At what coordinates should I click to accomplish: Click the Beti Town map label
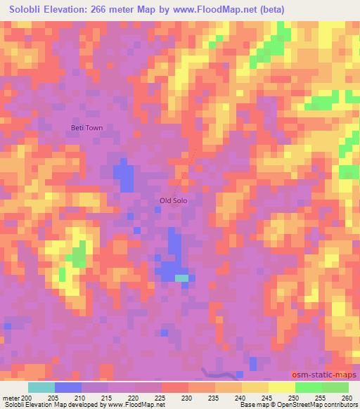click(86, 128)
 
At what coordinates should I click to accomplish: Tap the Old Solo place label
click(174, 200)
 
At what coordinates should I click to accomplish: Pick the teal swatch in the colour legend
click(41, 387)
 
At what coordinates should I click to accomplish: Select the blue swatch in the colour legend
click(67, 387)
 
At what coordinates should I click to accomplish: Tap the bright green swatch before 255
click(308, 387)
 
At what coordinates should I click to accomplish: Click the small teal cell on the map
click(181, 278)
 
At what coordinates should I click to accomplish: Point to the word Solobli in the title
click(28, 10)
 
